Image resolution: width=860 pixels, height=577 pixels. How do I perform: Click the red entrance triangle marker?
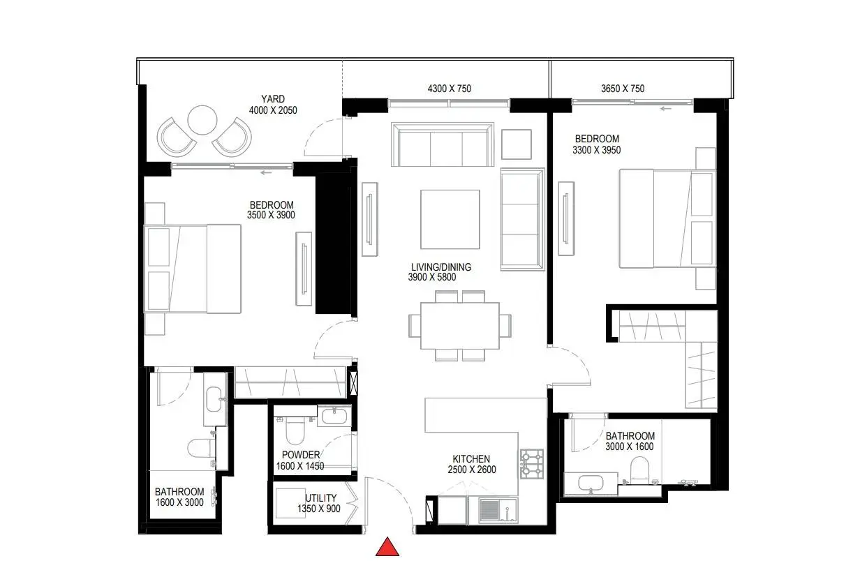coord(387,548)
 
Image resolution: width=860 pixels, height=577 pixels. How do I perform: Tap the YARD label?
coord(273,99)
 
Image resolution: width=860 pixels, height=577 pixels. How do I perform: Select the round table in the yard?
coord(202,120)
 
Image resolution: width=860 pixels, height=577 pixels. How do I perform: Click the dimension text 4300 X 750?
coord(450,89)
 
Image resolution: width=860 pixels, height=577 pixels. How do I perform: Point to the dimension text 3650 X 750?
coord(623,89)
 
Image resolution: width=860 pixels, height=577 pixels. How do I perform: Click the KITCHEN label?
coord(471,459)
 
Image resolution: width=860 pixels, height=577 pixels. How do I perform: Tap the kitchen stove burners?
coord(532,464)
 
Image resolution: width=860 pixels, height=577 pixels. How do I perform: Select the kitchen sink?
coord(498,510)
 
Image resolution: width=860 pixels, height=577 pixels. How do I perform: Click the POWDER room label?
coord(301,455)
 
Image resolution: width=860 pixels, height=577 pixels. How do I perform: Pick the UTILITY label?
coord(320,498)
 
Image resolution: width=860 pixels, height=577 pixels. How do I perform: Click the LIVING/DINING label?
coord(441,267)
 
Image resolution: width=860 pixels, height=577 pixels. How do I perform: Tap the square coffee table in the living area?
coord(450,220)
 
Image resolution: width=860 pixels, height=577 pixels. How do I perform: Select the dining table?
coord(460,326)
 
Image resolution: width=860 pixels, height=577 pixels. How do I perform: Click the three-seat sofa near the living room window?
coord(443,144)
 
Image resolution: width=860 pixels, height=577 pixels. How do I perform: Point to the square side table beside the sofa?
coord(517,144)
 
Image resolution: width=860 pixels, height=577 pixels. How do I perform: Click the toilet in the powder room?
coord(295,430)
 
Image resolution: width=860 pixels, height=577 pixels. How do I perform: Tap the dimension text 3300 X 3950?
coord(597,150)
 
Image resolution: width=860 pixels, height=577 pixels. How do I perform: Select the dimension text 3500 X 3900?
coord(271,215)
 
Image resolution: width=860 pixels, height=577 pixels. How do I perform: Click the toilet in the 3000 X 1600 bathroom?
coord(639,471)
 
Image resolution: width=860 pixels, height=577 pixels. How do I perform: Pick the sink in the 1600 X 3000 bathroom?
coord(214,399)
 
